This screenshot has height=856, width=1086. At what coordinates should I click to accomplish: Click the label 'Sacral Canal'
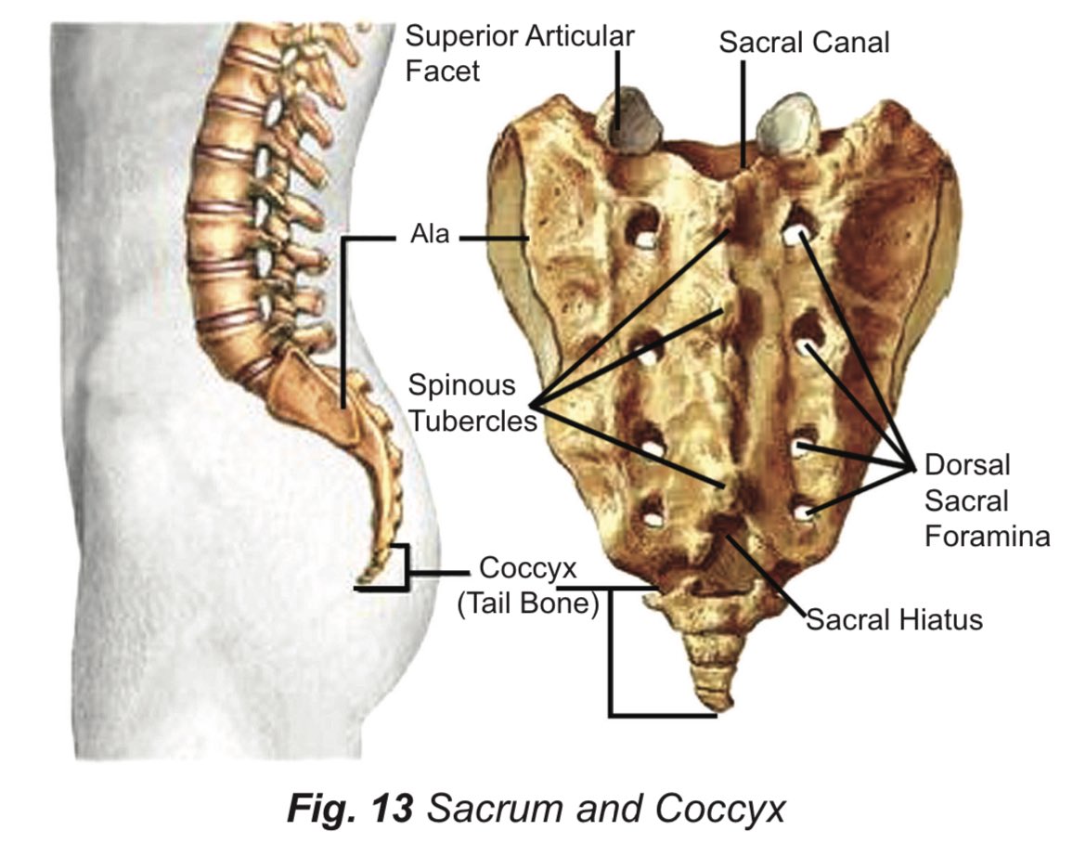[804, 43]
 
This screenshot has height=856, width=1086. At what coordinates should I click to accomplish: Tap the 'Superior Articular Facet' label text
[520, 52]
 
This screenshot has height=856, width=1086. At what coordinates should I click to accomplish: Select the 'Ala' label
[430, 235]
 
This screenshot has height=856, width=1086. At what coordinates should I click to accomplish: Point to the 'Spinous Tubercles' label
[473, 402]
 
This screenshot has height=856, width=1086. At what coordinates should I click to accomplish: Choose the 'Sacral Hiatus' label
[893, 618]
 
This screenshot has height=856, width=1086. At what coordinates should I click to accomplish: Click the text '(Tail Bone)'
[526, 603]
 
